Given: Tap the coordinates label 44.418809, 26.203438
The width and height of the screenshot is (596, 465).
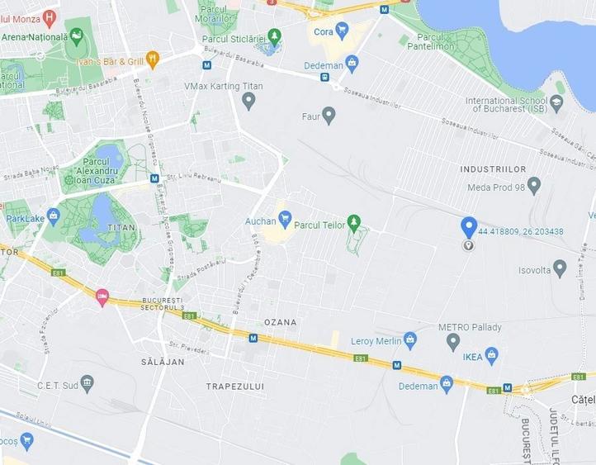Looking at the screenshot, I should [520, 231].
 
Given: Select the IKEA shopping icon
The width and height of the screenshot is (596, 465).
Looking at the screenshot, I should [492, 356].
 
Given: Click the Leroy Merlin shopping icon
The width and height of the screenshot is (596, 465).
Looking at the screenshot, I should [410, 340].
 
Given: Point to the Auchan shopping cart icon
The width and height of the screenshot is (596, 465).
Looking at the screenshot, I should [285, 221].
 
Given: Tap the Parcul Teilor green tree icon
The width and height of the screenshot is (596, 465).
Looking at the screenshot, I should [354, 221].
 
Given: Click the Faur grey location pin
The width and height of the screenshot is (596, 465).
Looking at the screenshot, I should [329, 115].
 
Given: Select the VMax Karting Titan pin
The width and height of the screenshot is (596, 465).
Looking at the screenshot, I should [248, 101].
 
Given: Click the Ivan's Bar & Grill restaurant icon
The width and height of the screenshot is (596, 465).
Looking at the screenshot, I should [152, 59].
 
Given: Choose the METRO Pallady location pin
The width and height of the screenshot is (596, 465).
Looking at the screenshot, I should [452, 341].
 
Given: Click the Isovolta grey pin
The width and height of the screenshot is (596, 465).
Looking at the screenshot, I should [560, 268].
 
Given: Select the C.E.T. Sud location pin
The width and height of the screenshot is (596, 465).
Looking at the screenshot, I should [87, 383].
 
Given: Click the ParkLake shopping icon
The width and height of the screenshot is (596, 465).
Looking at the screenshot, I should [54, 217].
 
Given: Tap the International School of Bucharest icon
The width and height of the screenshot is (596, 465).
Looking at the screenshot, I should [556, 103].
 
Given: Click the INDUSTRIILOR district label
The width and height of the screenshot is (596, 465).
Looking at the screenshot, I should [493, 169].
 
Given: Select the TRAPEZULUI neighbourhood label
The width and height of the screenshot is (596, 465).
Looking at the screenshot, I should [235, 386].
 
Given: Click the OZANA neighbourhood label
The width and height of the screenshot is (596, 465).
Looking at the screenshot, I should [280, 322].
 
